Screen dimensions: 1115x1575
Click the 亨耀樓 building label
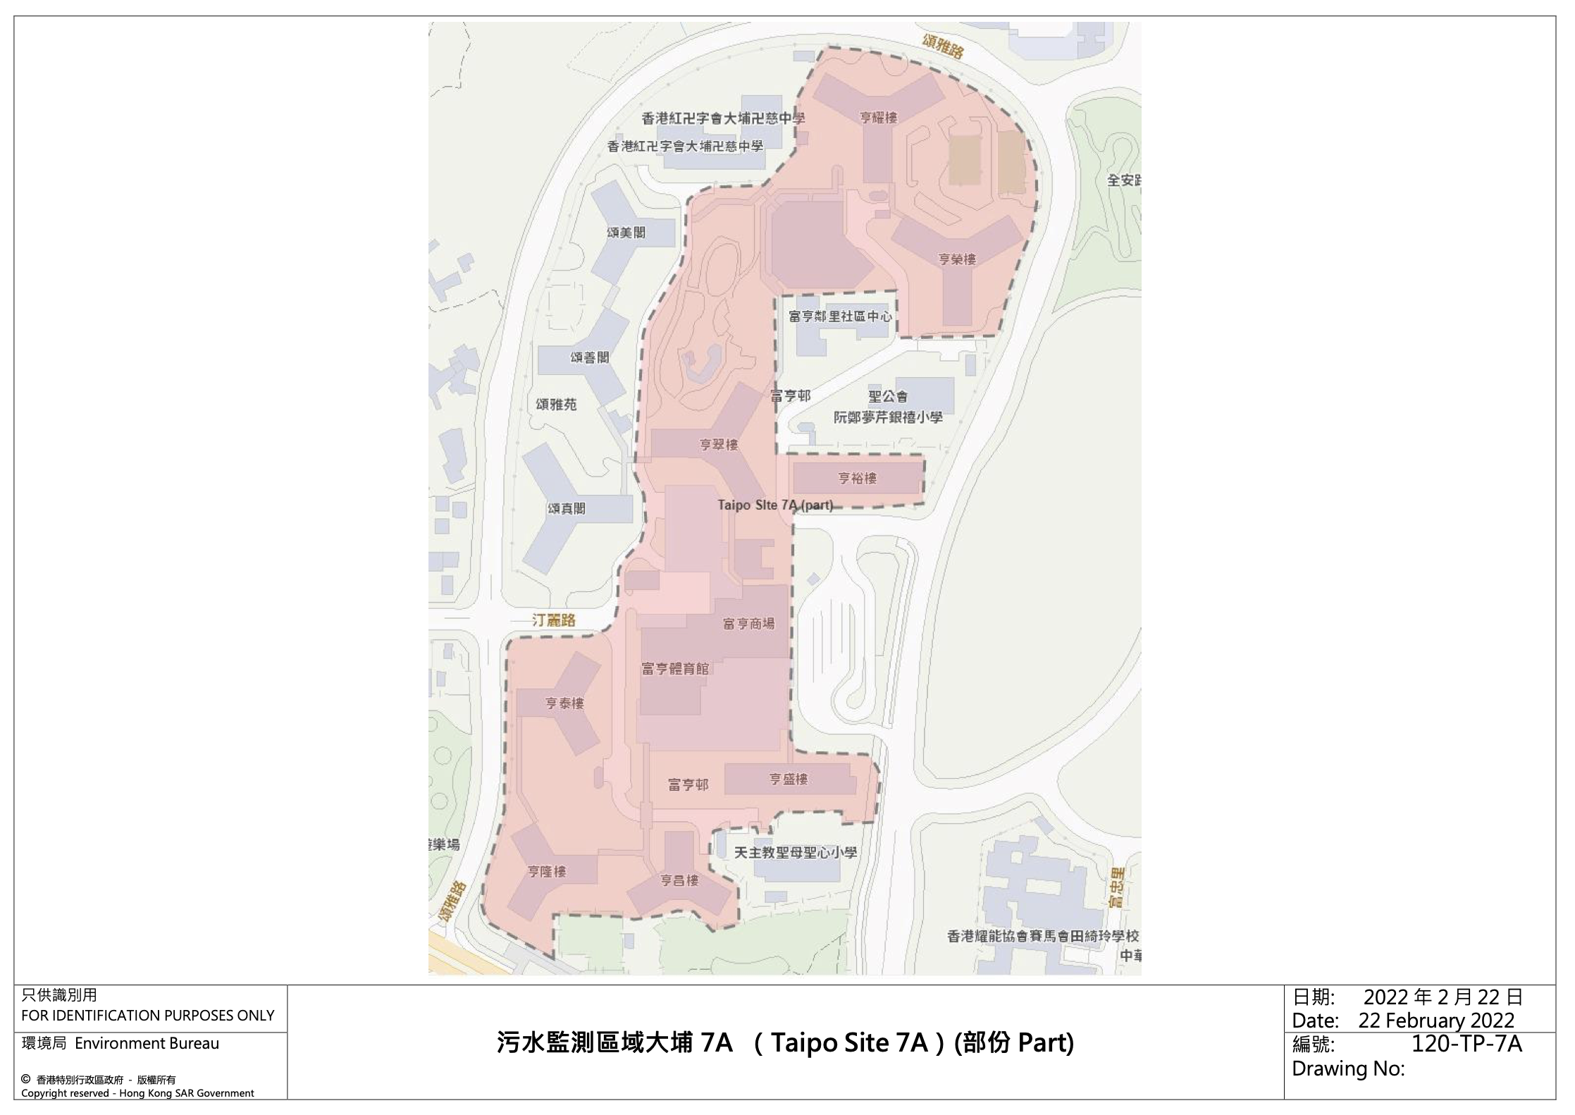coord(879,118)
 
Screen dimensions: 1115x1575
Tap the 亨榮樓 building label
coord(957,259)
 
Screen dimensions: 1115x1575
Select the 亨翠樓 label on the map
coord(719,445)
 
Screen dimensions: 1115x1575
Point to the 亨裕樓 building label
coord(857,479)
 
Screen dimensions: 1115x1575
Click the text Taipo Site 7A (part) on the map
coord(775,505)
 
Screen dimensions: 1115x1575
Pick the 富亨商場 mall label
coord(748,623)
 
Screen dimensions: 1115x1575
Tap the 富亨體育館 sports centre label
coord(675,668)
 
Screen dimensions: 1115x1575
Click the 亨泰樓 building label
coord(564,703)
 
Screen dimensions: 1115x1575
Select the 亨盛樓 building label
coord(788,779)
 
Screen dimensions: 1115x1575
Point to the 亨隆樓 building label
coord(547,872)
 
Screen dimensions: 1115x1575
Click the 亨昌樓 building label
coord(679,880)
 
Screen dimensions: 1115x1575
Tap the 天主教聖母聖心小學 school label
coord(796,853)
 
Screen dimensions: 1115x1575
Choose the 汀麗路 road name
coord(554,620)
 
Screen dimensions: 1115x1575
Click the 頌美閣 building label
coord(626,233)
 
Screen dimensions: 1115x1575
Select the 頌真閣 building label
coord(566,508)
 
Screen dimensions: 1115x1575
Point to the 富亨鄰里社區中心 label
coord(840,316)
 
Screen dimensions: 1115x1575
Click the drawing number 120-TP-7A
coord(1466,1044)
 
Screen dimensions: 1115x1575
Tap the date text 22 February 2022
coord(1436,1020)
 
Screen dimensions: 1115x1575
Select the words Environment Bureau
coord(147,1043)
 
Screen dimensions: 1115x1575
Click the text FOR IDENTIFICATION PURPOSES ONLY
coord(147,1016)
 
